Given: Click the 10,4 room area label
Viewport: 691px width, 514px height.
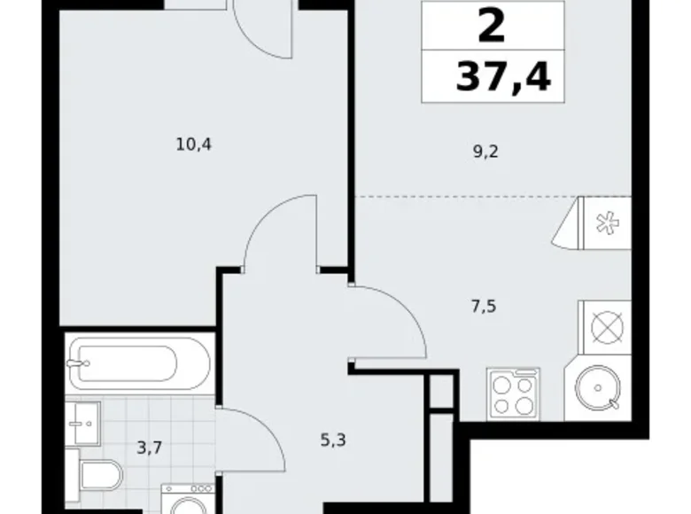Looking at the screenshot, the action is coord(193,144).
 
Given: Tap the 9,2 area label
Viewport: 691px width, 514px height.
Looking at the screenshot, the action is coord(485,152).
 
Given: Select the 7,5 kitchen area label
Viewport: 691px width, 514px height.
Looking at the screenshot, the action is coord(484,306).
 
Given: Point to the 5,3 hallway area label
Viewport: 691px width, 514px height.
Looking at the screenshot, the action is coord(333,440).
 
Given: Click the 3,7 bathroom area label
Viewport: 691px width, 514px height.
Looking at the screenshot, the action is coord(150,448).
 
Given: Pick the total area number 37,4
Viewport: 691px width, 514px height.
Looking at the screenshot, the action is coord(503,77).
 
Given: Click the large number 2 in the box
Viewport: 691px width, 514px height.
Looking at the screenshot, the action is coord(492,26).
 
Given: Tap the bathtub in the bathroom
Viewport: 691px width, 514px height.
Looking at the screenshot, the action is coord(139,363).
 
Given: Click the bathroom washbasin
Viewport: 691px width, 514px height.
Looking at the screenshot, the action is coord(83,424).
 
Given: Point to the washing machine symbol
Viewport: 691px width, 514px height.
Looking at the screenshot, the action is coord(188,499).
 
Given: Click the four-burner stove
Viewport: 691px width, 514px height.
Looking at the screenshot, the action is coord(513,393).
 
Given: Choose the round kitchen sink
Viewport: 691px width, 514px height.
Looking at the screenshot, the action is coord(598,388).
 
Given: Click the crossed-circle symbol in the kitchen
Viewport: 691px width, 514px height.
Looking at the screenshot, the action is coord(608,328).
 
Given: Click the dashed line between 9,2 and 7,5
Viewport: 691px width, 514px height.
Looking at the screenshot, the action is coord(493,196).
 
